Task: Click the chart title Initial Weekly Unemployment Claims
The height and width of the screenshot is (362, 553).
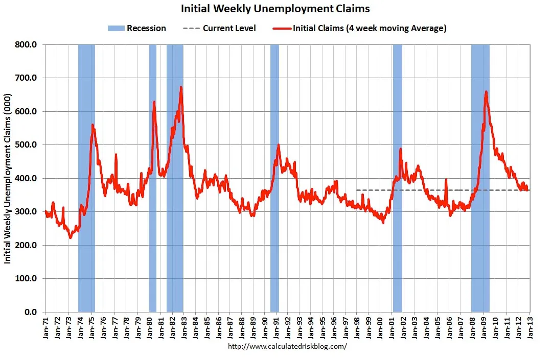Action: click(275, 9)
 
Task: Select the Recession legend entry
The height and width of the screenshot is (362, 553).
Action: click(136, 28)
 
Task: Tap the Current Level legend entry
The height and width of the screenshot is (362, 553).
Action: click(219, 28)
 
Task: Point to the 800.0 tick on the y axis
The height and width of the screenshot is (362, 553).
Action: click(26, 45)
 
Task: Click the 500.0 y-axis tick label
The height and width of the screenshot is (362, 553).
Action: click(26, 145)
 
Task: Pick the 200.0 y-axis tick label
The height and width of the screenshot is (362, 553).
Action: click(26, 245)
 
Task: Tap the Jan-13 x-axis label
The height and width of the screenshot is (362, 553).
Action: click(530, 327)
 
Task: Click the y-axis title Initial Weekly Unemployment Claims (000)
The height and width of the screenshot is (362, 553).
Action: click(8, 178)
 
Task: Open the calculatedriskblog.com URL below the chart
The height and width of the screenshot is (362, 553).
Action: click(287, 346)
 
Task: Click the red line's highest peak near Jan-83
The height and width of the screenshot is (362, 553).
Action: click(181, 87)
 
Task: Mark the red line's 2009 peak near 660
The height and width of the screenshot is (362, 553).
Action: click(486, 92)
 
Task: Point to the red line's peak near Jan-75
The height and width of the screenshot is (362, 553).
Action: click(93, 125)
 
